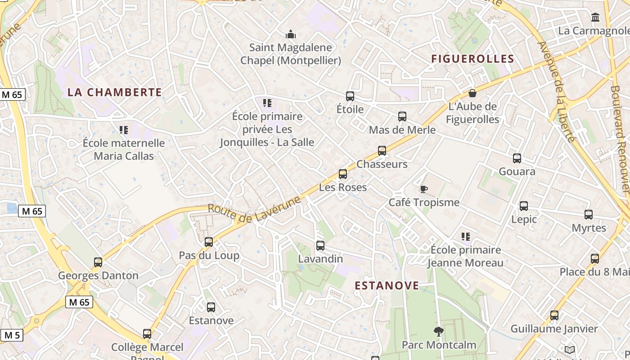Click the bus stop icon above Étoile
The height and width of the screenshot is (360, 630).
[x=350, y=96]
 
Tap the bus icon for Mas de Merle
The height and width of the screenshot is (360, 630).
[x=402, y=117]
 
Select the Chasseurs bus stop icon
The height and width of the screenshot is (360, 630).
[x=382, y=151]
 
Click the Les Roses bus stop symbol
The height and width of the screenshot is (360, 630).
[x=343, y=174]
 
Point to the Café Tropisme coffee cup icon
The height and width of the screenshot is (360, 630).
[x=423, y=189]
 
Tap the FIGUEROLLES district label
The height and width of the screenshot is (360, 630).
[x=472, y=59]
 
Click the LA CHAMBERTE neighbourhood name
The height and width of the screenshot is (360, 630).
[x=114, y=92]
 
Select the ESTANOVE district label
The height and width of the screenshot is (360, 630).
[x=387, y=286]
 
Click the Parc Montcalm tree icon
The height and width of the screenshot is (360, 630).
[x=439, y=332]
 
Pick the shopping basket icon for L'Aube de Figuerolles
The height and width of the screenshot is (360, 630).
[x=472, y=93]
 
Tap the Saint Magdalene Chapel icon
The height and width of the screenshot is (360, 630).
[x=291, y=34]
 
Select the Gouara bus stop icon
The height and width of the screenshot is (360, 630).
[x=517, y=158]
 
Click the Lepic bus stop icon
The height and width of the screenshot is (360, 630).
[x=524, y=206]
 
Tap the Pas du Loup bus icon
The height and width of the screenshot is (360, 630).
[x=209, y=242]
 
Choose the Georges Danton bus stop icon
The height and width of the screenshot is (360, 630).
[x=98, y=262]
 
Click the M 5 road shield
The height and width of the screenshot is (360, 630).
[x=12, y=335]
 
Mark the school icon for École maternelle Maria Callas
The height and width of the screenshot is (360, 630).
[x=124, y=130]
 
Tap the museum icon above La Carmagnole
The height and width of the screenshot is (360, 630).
[x=596, y=18]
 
